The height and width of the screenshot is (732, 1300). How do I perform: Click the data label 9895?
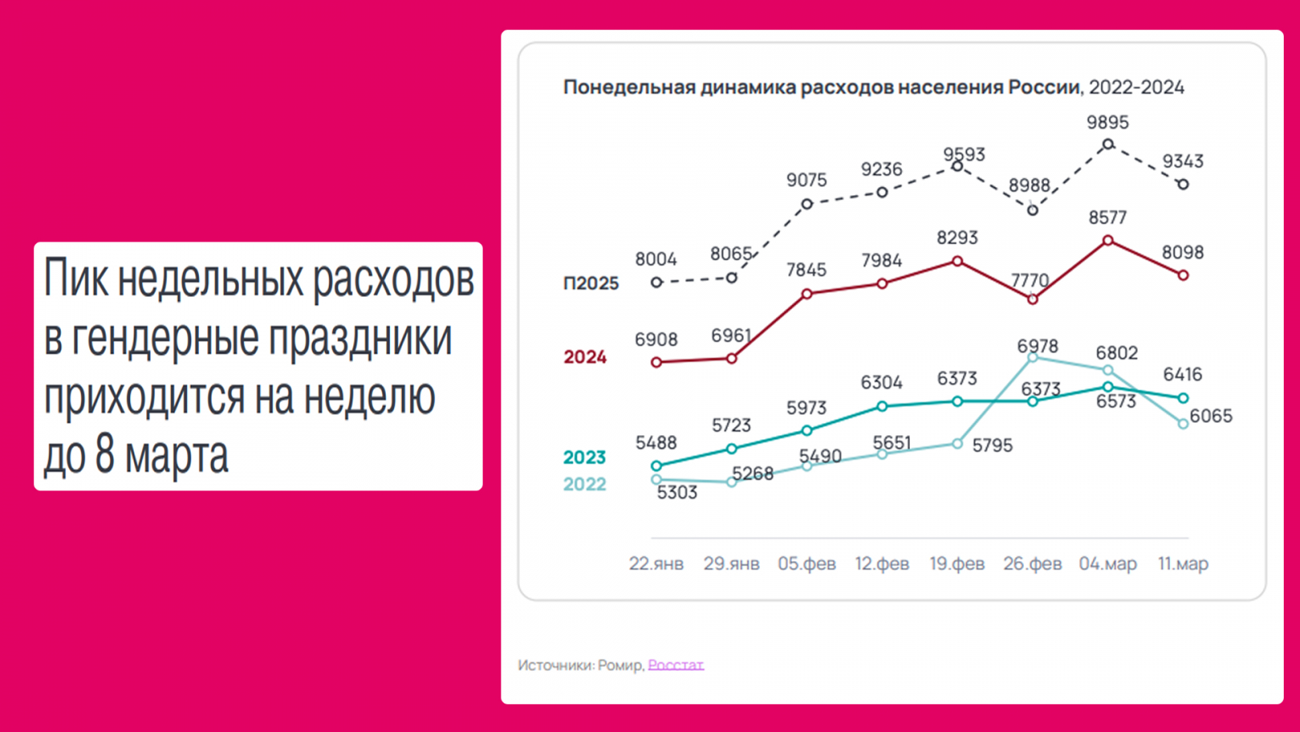click(x=1107, y=123)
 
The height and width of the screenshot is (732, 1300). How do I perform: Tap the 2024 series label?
click(x=585, y=357)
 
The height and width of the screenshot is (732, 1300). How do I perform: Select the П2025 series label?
click(x=591, y=283)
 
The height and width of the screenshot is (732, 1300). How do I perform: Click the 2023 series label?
click(x=585, y=458)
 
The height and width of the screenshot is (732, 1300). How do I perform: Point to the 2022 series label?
click(x=585, y=485)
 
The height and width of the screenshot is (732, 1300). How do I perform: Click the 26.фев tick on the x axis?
click(x=1032, y=564)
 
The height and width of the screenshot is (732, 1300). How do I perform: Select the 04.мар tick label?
click(x=1107, y=564)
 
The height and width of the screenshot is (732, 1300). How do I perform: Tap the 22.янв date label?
click(x=656, y=564)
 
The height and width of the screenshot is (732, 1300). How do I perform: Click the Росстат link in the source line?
click(x=675, y=665)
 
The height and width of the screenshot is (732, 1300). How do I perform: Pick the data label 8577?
click(x=1107, y=218)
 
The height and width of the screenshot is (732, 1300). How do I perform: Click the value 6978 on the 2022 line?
click(x=1038, y=346)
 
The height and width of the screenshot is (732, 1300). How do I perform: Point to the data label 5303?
click(x=677, y=493)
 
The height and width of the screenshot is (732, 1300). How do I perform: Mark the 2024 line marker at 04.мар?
click(x=1107, y=241)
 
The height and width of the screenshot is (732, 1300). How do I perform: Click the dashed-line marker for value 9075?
click(x=807, y=204)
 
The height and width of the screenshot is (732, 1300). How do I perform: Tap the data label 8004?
click(x=656, y=259)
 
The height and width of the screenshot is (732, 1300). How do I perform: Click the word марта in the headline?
click(x=176, y=455)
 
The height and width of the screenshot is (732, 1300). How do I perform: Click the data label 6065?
click(x=1211, y=416)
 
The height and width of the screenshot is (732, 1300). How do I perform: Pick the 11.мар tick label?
click(x=1183, y=564)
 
